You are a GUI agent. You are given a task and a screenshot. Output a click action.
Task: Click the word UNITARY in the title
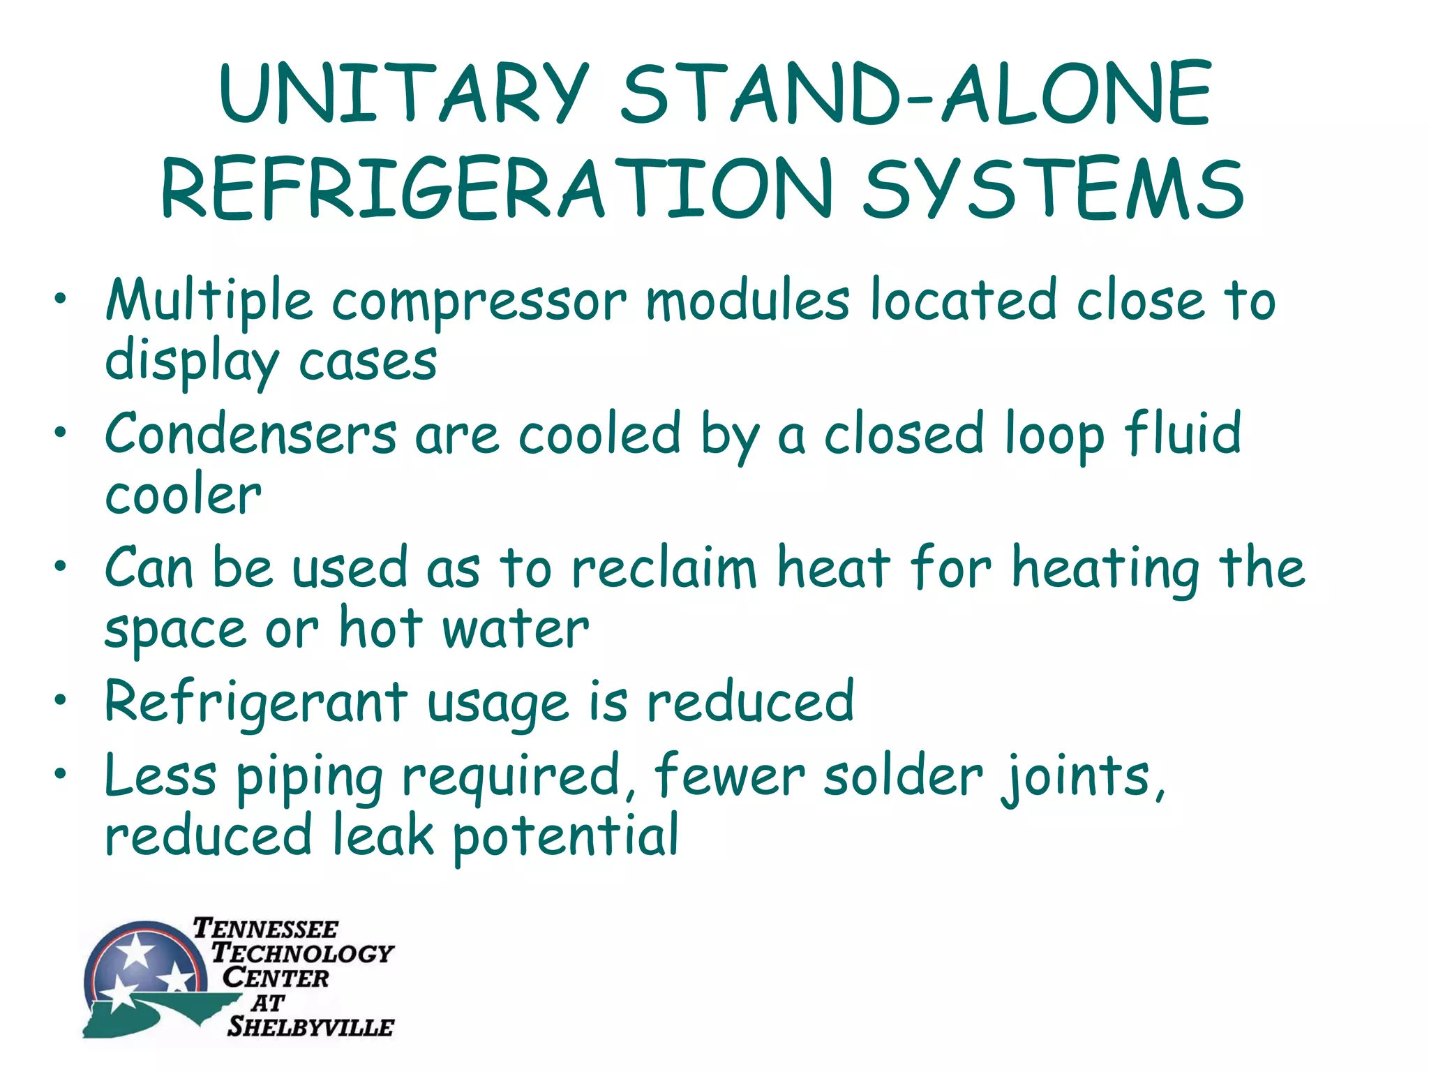pyautogui.click(x=403, y=94)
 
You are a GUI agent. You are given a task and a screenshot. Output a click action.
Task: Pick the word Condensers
pyautogui.click(x=250, y=434)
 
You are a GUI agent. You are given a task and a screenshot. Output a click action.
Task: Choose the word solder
pyautogui.click(x=903, y=776)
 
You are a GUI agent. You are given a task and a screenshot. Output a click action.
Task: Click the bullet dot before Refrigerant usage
pyautogui.click(x=61, y=699)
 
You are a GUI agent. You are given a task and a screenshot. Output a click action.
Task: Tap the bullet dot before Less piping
pyautogui.click(x=61, y=773)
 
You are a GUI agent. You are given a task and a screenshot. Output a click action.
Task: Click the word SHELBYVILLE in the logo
pyautogui.click(x=311, y=1027)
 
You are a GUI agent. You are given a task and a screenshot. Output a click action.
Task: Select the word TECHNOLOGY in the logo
pyautogui.click(x=302, y=953)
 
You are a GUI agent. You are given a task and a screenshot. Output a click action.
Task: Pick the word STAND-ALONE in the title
pyautogui.click(x=915, y=94)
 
